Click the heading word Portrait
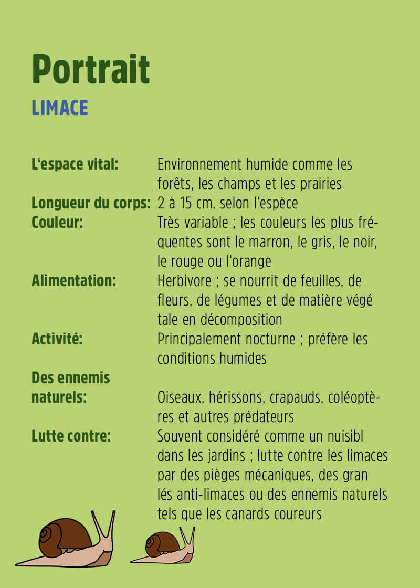pyautogui.click(x=91, y=69)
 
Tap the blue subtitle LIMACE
pyautogui.click(x=59, y=108)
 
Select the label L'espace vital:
pyautogui.click(x=75, y=164)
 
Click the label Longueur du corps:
pyautogui.click(x=91, y=203)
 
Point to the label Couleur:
pyautogui.click(x=57, y=223)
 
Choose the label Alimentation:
pyautogui.click(x=73, y=281)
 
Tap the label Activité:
pyautogui.click(x=57, y=339)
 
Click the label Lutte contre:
pyautogui.click(x=71, y=436)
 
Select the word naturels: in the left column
pyautogui.click(x=59, y=397)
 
